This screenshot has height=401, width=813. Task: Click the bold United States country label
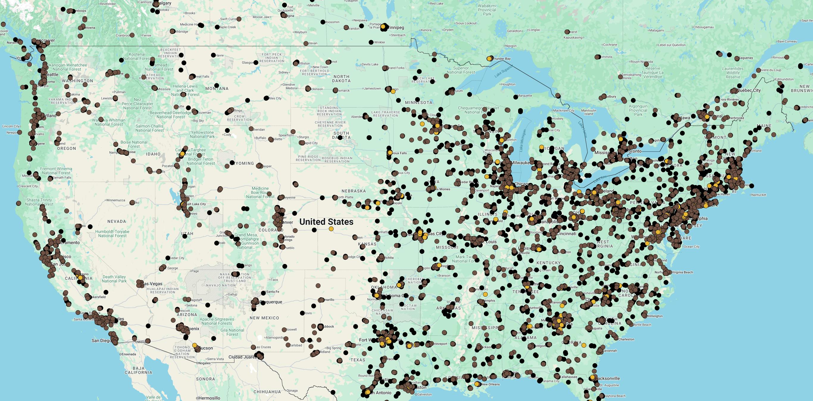tap(326, 222)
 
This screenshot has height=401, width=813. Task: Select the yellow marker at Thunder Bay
tap(489, 58)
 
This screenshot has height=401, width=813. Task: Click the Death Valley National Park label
tap(114, 279)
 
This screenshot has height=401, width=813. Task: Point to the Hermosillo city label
tap(209, 398)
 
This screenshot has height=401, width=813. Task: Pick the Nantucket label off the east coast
tap(759, 195)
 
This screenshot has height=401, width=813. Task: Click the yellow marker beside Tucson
tap(195, 345)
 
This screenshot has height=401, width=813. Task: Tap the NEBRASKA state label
tap(354, 191)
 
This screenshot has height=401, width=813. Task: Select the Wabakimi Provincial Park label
tap(487, 10)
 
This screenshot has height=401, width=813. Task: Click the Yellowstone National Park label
tap(202, 134)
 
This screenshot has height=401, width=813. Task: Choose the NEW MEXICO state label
tap(264, 318)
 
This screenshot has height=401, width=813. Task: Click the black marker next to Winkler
tap(371, 42)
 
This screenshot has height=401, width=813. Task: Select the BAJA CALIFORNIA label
tap(138, 370)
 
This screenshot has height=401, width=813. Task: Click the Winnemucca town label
tap(115, 200)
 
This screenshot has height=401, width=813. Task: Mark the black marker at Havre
tap(213, 55)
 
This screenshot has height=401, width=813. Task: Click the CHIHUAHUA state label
tap(267, 392)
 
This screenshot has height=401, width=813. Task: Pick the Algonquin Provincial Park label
tap(638, 110)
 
